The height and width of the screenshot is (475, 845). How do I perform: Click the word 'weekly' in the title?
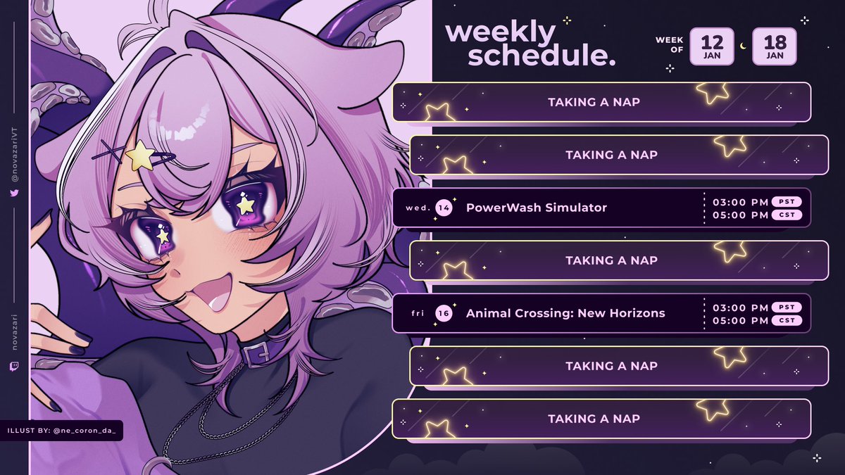[501, 32]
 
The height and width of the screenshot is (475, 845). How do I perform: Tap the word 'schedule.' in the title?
[542, 56]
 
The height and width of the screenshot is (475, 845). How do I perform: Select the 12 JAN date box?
[712, 46]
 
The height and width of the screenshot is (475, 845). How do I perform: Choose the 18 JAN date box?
[774, 46]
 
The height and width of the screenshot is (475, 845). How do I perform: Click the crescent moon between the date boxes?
[743, 47]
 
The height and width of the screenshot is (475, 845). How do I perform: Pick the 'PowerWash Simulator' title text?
[536, 208]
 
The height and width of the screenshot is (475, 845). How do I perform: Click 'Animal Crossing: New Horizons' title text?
[565, 313]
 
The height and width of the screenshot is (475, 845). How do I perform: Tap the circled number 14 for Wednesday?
[444, 208]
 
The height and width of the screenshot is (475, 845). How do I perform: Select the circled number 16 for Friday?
[444, 313]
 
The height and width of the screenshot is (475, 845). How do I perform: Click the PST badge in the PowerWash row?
[787, 201]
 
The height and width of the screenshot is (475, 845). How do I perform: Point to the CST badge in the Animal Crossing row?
[787, 320]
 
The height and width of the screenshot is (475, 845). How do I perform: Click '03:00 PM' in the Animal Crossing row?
[739, 307]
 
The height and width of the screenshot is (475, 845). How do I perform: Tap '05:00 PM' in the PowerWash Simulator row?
[739, 215]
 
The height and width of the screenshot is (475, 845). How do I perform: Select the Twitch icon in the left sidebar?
[15, 366]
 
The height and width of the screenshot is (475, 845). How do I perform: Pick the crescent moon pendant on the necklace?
[164, 464]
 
